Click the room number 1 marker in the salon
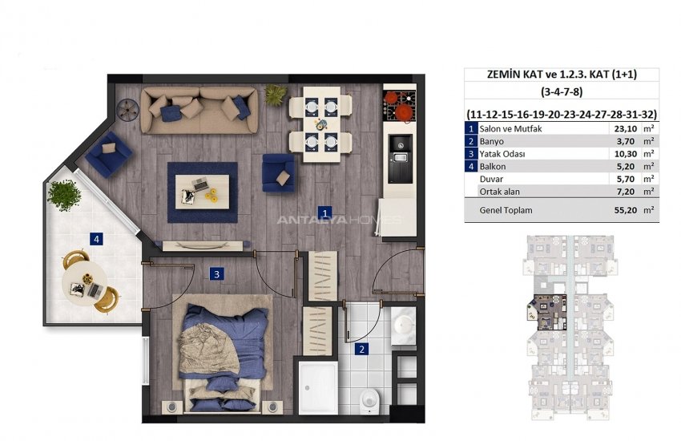click(x=324, y=213)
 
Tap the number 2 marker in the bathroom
click(x=361, y=349)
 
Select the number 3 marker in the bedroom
click(x=217, y=274)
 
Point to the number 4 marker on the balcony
click(x=96, y=238)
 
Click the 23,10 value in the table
click(x=626, y=128)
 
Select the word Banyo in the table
click(x=492, y=141)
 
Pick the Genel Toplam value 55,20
click(x=626, y=210)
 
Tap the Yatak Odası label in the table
click(x=502, y=154)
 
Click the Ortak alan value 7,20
click(x=627, y=192)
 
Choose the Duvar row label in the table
click(x=491, y=179)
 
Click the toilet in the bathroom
click(x=369, y=401)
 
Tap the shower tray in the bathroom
click(x=318, y=387)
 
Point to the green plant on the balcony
click(x=64, y=195)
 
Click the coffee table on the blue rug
click(x=203, y=192)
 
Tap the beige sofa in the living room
click(x=199, y=111)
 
